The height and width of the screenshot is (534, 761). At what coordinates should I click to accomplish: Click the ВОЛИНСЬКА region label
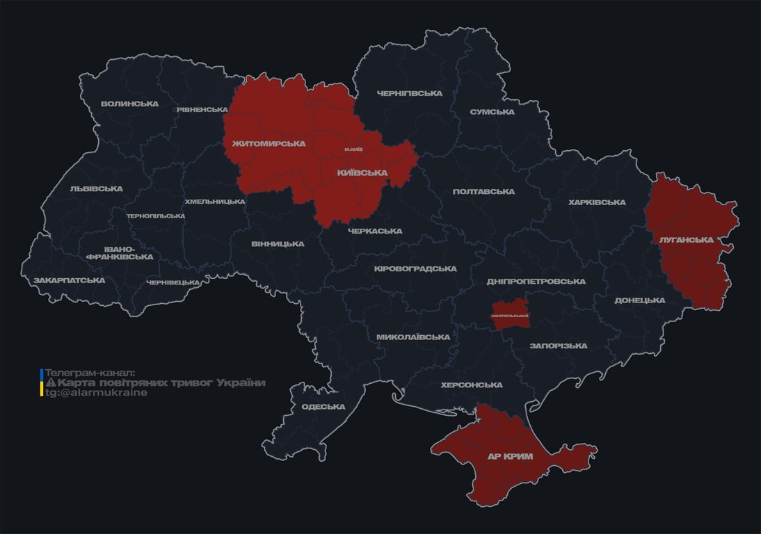tap(129, 104)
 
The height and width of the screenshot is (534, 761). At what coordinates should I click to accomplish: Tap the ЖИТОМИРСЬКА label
tap(264, 144)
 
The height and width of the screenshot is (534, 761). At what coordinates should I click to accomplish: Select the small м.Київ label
tap(353, 150)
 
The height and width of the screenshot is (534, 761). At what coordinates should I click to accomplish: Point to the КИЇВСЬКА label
tap(362, 172)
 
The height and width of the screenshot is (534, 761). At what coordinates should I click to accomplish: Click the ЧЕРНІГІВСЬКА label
tap(410, 94)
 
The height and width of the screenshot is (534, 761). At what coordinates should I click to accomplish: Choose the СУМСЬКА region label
tap(492, 112)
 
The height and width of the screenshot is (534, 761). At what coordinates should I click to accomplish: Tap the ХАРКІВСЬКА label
tap(597, 202)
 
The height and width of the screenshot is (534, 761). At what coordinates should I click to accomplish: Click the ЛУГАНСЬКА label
tap(686, 240)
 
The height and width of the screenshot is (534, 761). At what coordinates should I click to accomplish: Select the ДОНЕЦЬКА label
tap(639, 300)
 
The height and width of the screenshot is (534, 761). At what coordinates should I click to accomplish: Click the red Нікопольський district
tap(510, 313)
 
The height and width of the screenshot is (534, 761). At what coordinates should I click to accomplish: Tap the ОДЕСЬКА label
tap(323, 407)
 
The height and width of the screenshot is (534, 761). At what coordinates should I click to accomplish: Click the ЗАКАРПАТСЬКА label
tap(70, 280)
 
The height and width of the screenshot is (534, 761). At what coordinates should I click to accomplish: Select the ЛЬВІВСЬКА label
tap(96, 188)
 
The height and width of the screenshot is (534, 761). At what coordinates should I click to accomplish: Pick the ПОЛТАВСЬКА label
tap(483, 192)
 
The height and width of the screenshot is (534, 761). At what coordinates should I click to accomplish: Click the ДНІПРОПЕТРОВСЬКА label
tap(536, 282)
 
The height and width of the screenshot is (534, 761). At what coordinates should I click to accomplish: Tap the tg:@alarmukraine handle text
tap(97, 393)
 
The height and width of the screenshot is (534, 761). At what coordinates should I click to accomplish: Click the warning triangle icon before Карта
tap(50, 383)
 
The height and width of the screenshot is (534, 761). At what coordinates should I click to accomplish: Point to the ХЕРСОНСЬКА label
tap(472, 385)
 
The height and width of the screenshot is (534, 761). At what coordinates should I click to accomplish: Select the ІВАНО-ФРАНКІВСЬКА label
tap(120, 252)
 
